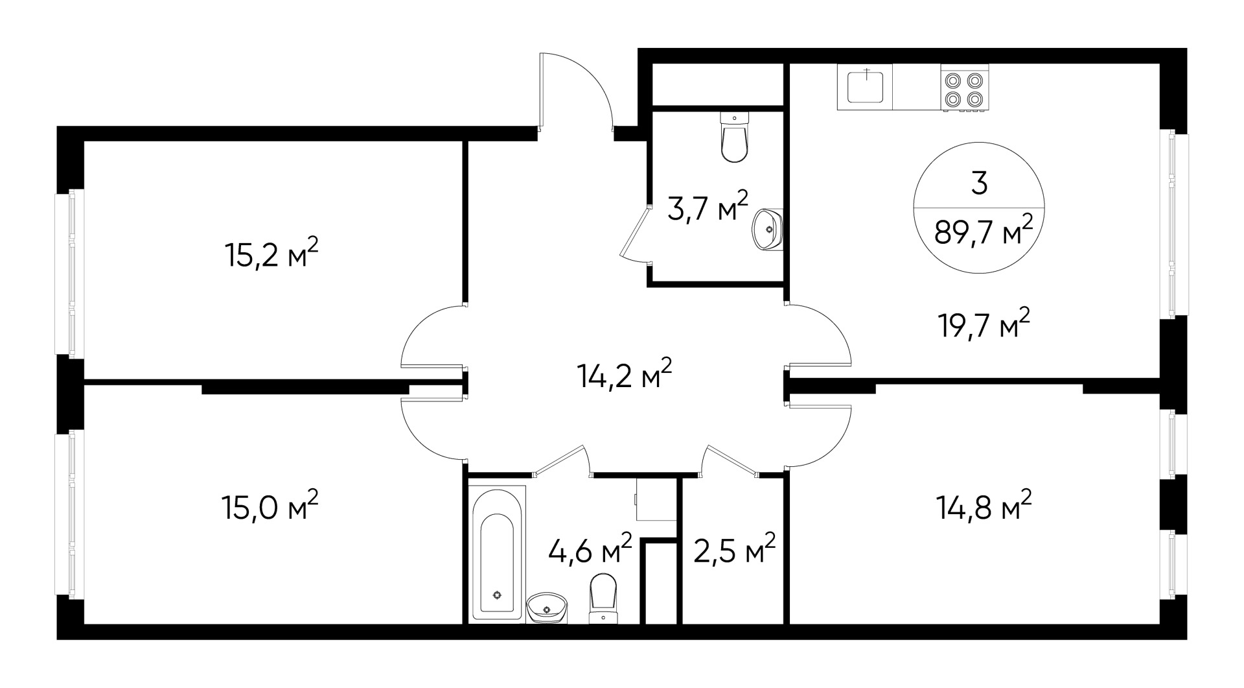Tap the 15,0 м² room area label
tap(271, 506)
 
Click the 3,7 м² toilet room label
tap(708, 208)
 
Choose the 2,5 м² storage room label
tap(734, 550)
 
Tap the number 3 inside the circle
tap(980, 184)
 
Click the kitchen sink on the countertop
tap(865, 87)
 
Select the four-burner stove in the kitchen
tap(965, 89)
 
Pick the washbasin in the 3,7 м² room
tap(768, 229)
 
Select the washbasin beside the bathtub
tap(547, 607)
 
